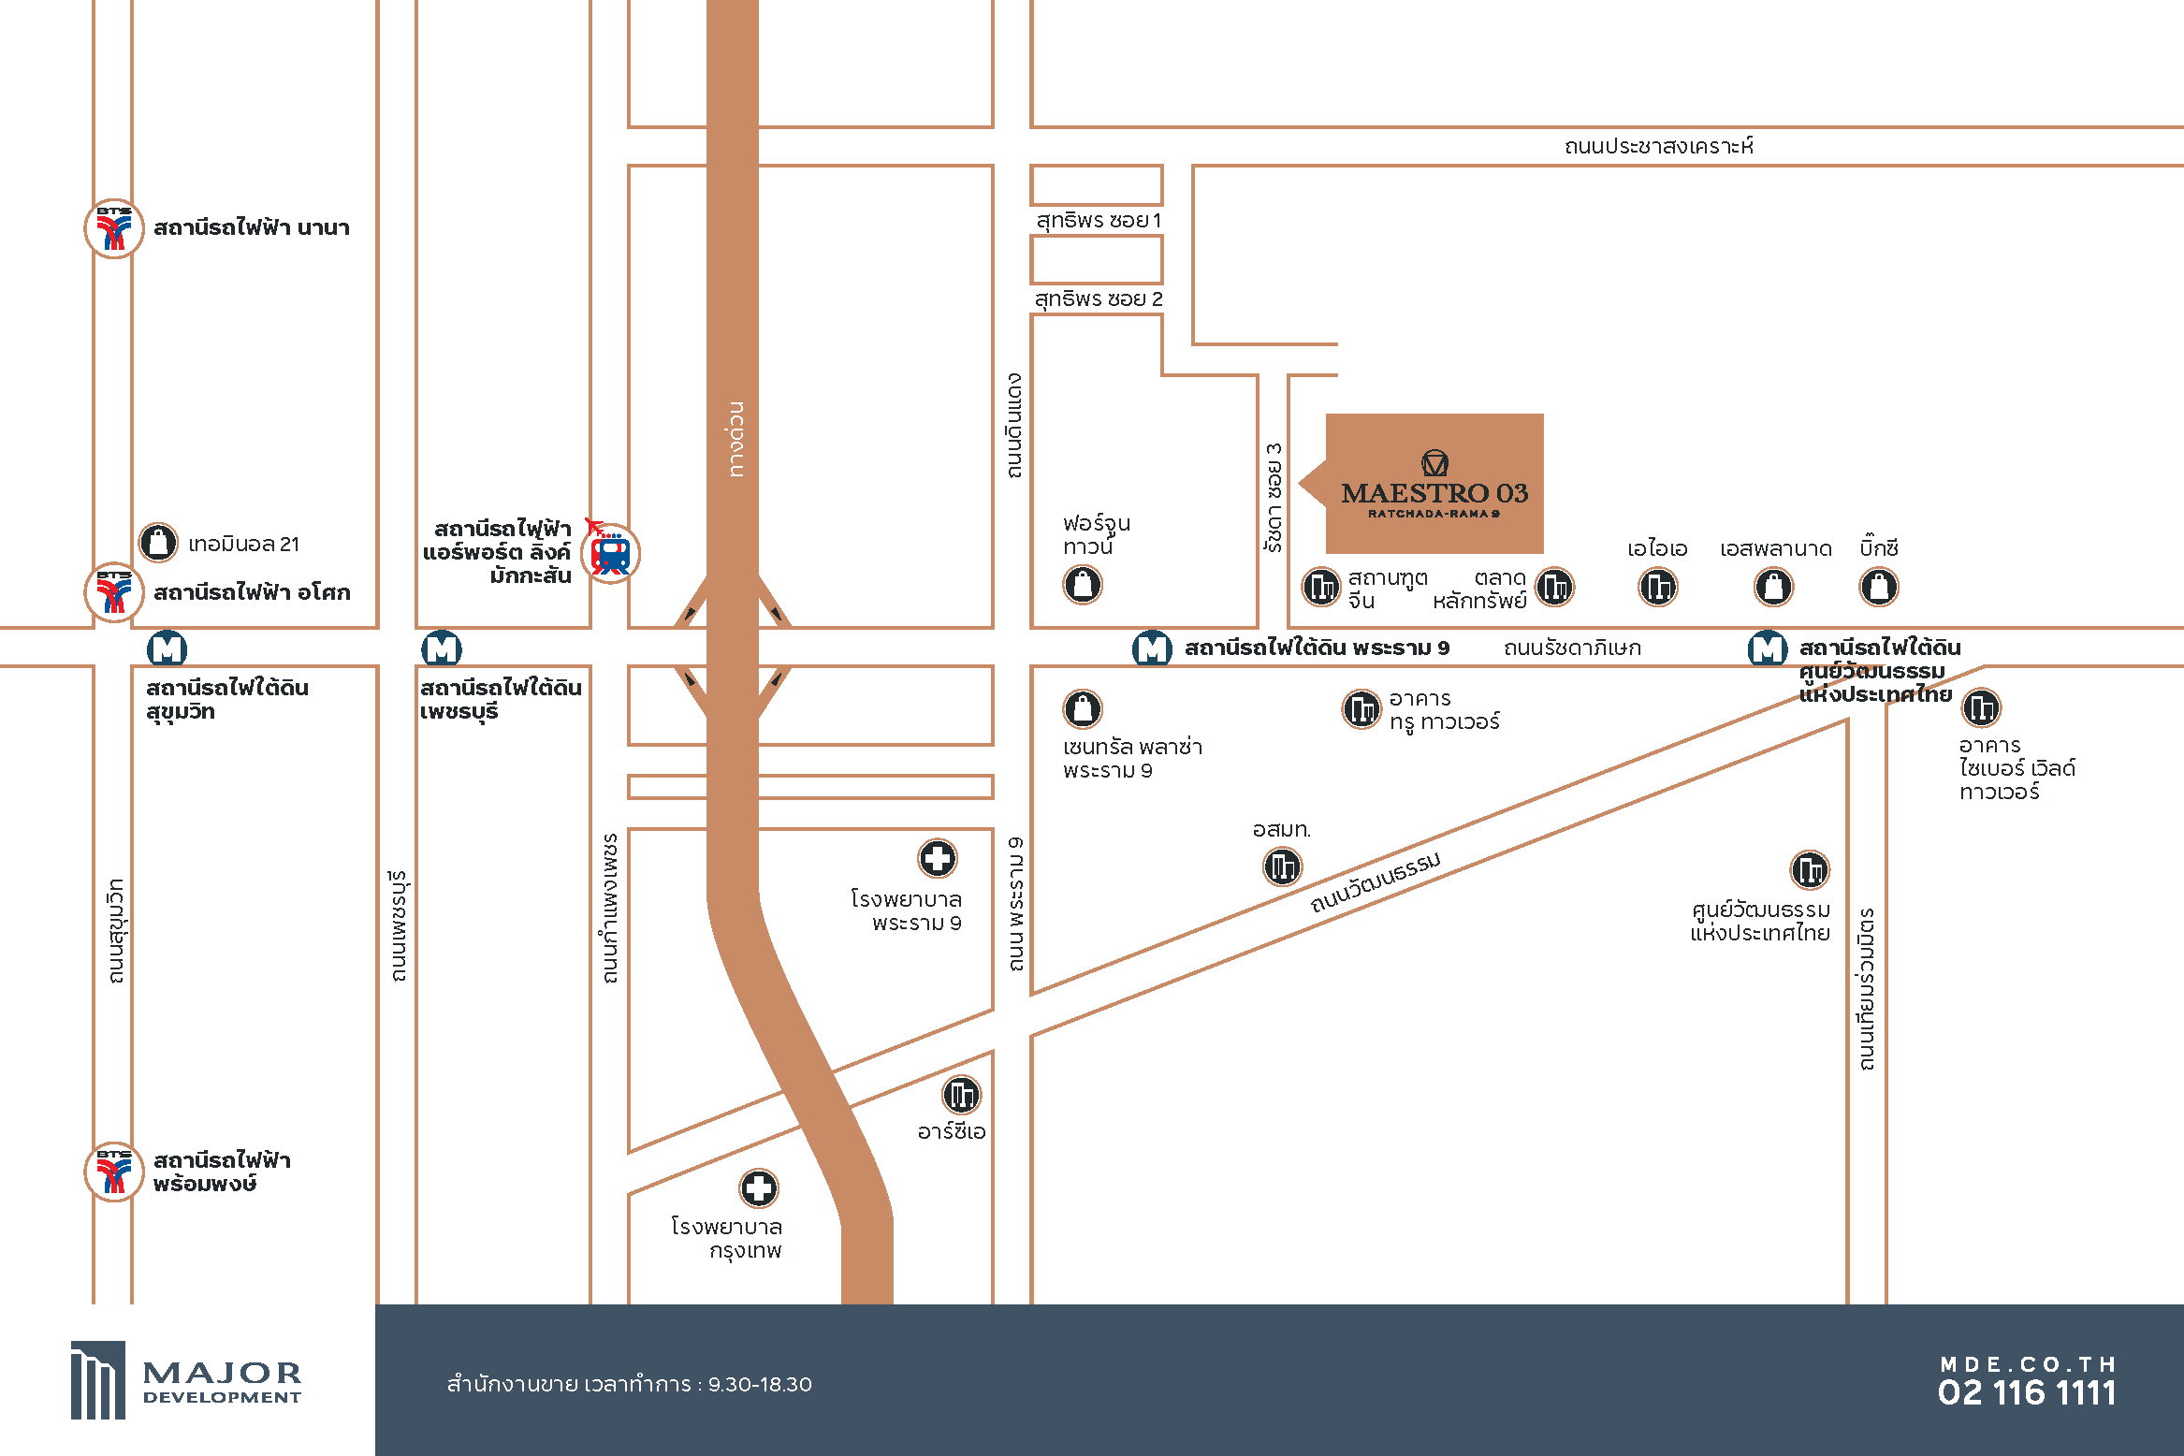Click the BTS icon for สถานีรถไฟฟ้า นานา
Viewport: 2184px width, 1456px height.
coord(114,228)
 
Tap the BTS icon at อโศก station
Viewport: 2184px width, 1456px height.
coord(114,592)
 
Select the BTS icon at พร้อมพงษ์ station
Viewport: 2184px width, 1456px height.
coord(114,1171)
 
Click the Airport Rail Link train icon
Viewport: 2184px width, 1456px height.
coord(610,553)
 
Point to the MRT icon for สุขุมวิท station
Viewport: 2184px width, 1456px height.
coord(167,648)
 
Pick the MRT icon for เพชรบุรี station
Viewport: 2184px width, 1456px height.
coord(442,648)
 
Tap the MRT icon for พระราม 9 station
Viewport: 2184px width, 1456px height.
coord(1152,648)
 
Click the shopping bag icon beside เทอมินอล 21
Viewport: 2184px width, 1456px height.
coord(158,542)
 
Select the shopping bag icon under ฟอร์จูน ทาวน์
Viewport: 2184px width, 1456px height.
coord(1083,585)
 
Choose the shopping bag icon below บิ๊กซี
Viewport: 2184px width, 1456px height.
coord(1878,588)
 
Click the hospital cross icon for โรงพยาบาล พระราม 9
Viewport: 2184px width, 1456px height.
coord(937,858)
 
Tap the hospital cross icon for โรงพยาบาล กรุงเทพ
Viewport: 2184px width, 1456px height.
coord(759,1188)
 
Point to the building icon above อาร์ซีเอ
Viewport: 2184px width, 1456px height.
coord(961,1095)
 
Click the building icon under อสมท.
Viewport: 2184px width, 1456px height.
coord(1283,866)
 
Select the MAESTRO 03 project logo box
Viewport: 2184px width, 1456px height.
coord(1434,484)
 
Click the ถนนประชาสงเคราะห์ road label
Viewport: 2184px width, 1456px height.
coord(1659,146)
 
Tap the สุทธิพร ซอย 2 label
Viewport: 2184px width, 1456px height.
coord(1099,299)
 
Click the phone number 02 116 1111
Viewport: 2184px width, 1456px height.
coord(2027,1393)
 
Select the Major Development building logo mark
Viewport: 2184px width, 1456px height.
coord(97,1380)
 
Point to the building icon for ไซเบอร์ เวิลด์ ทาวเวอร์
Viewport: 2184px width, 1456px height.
coord(1981,707)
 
